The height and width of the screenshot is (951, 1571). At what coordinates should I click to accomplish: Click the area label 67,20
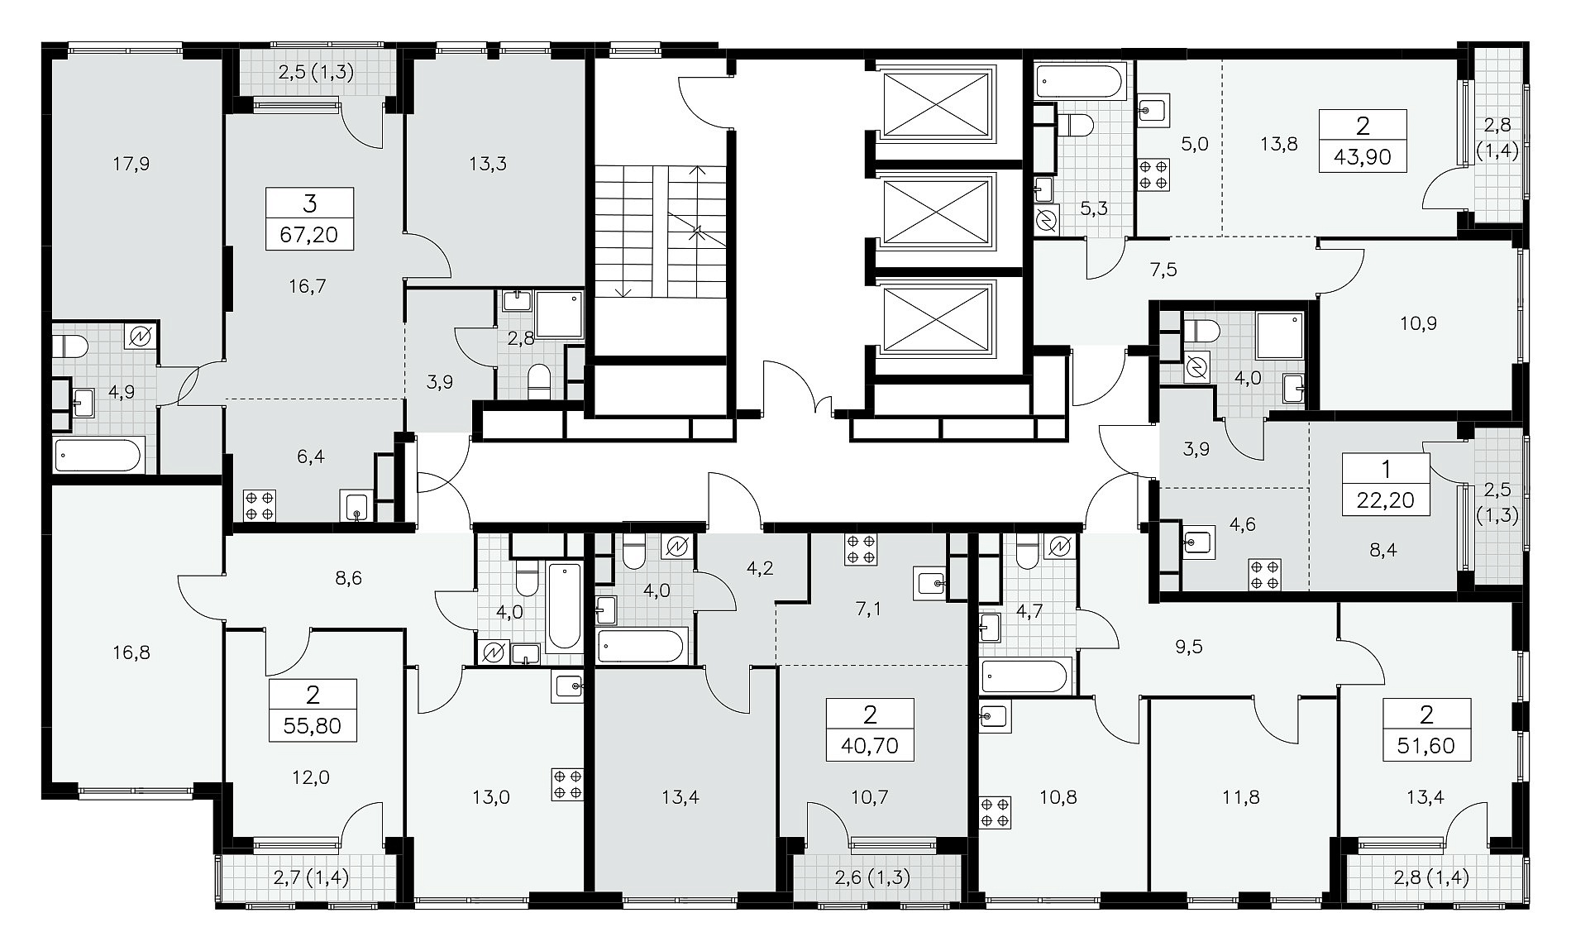coord(309,236)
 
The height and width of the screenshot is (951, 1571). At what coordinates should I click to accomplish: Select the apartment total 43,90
coord(1363,156)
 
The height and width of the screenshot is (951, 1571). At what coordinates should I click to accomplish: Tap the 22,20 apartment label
coord(1386,499)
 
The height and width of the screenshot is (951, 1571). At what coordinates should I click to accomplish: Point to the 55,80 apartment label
coord(313,727)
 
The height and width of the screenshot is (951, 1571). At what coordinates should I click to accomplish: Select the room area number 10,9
coord(1419,323)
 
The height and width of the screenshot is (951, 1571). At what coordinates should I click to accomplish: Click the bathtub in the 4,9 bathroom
coord(97,455)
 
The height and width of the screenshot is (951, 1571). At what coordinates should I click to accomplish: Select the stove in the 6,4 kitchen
coord(259,505)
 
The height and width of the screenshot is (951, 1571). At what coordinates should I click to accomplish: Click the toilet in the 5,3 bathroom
coord(1075,125)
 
